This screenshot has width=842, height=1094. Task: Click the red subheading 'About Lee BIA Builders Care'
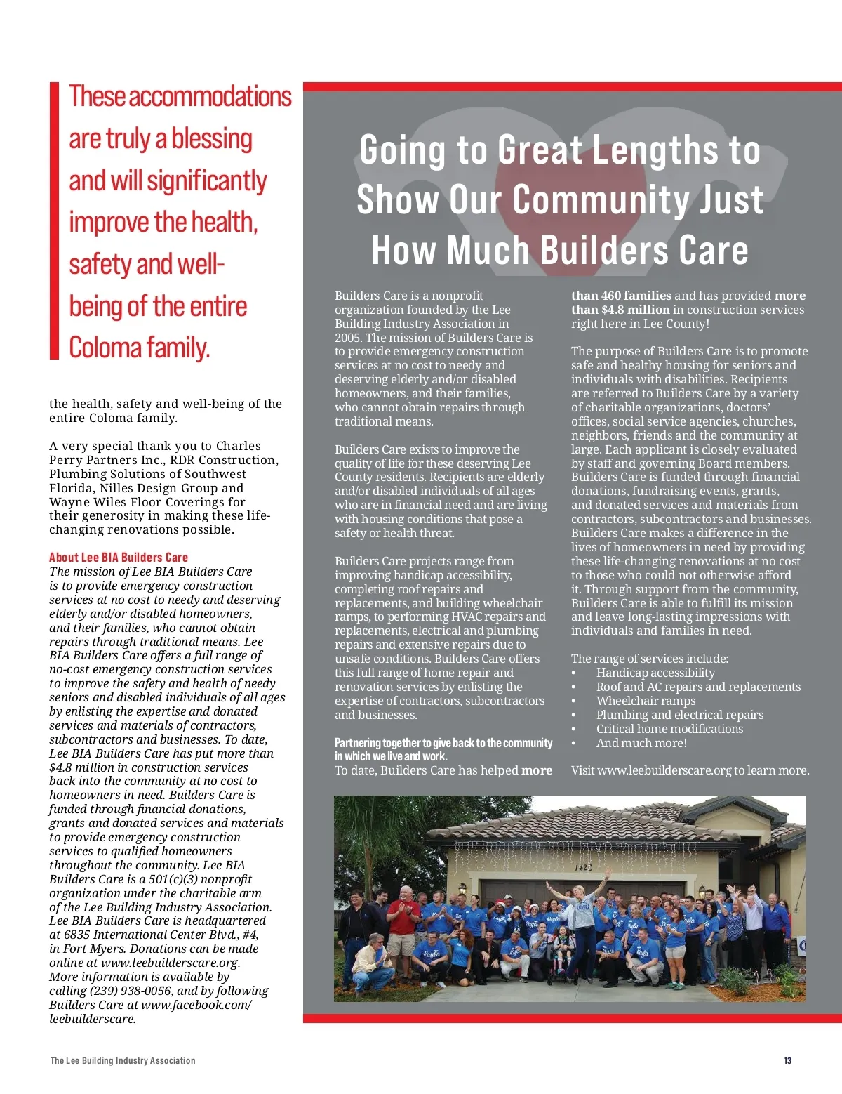119,558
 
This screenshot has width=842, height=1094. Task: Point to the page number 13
788,1060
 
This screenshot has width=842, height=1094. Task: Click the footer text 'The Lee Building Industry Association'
123,1060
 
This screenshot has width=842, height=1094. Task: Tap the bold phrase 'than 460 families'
621,296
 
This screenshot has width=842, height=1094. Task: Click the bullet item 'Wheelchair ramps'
646,701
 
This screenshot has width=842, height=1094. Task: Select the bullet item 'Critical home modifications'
669,729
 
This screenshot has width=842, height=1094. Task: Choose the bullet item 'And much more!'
641,743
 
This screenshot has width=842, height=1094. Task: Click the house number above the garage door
584,867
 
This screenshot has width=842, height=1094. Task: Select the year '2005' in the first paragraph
349,338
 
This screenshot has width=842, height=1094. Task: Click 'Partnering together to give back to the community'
443,743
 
